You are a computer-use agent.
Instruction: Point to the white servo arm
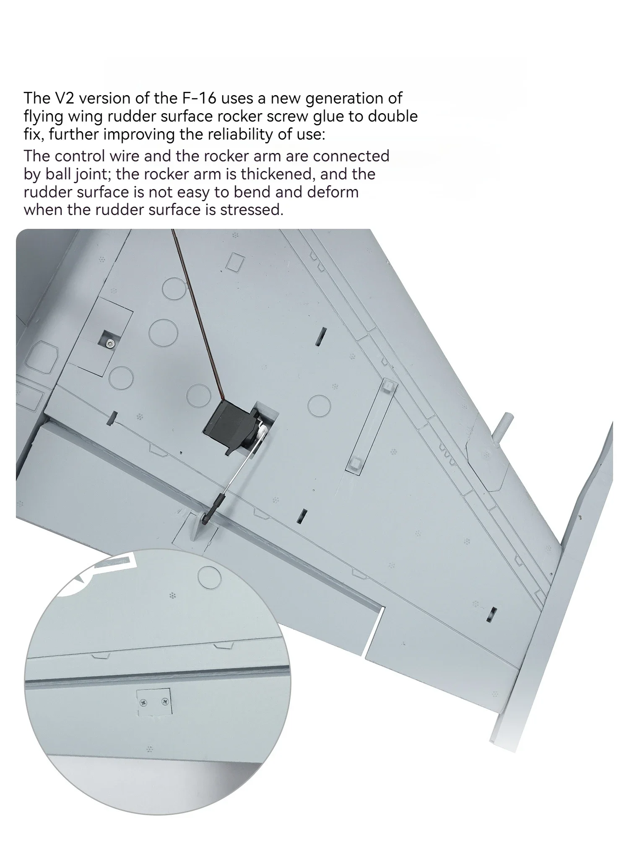tap(261, 432)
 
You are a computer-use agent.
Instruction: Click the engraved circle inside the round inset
tap(209, 576)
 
